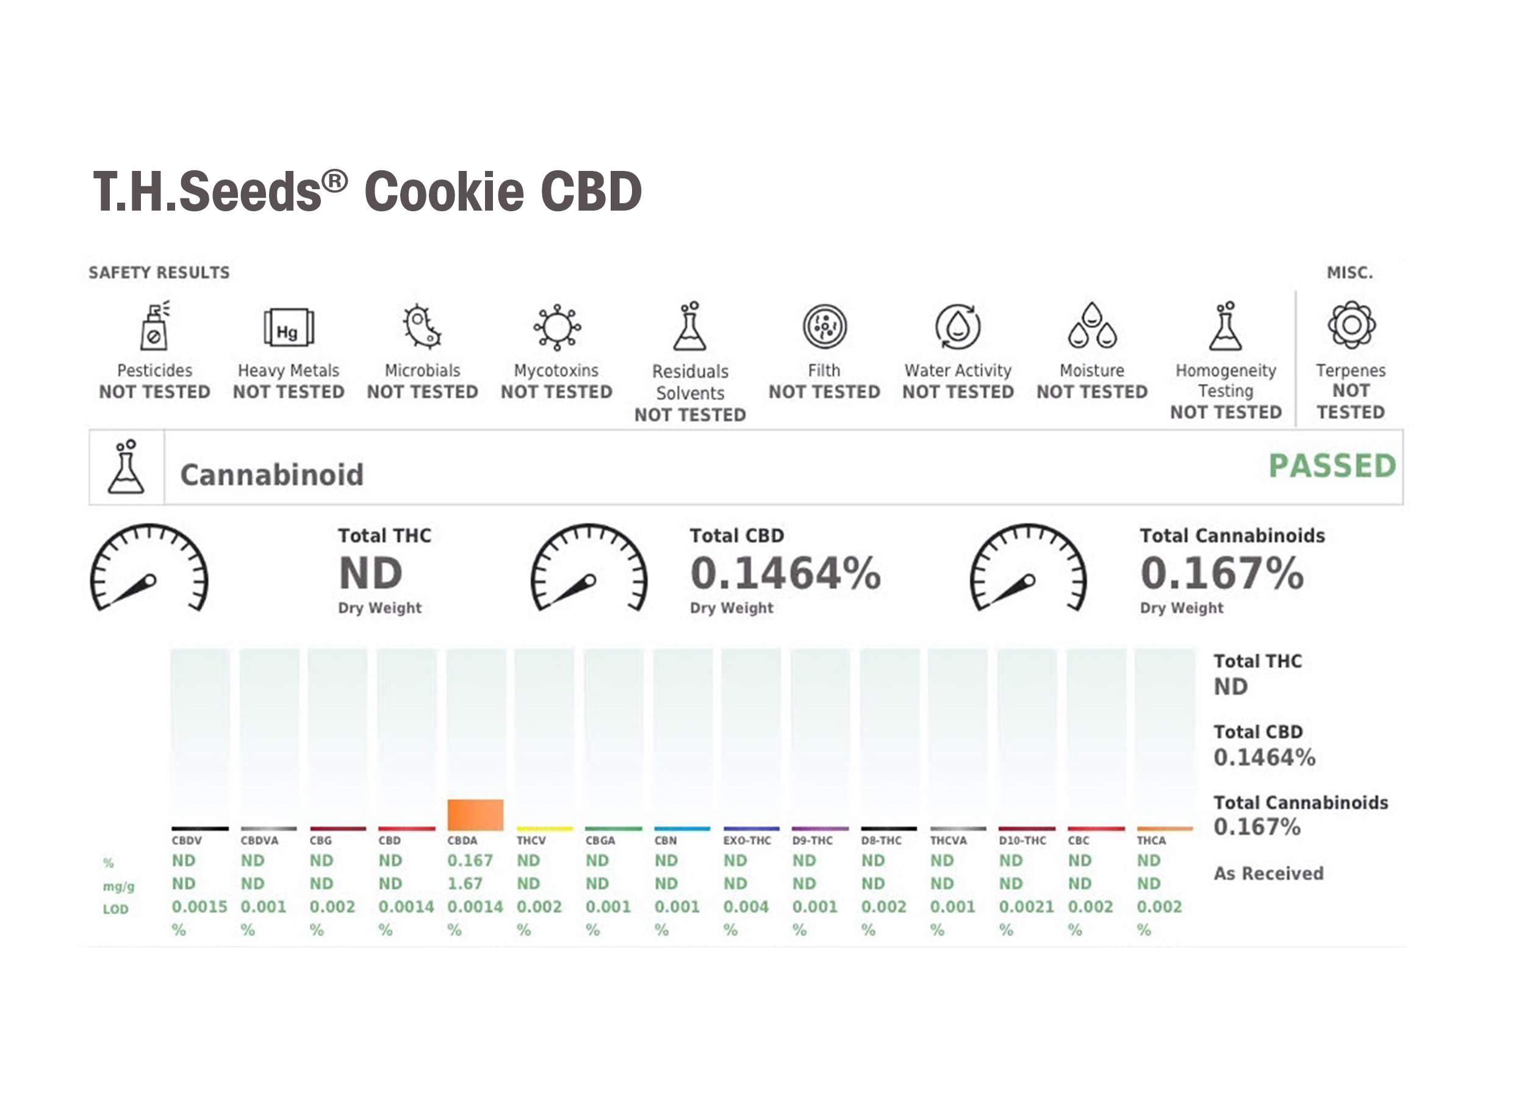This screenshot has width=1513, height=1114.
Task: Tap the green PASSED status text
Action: (x=1332, y=466)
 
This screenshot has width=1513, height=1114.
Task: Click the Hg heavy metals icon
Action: (x=289, y=328)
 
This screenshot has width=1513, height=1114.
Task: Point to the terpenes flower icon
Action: (x=1351, y=325)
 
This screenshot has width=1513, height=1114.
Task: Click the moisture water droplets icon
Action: (x=1092, y=326)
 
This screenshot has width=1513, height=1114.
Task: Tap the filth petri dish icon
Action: (x=824, y=327)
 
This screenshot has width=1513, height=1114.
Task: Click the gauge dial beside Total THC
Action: (x=149, y=568)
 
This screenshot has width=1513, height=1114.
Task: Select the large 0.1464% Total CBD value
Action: (x=785, y=573)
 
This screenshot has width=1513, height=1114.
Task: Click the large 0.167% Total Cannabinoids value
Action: (x=1221, y=573)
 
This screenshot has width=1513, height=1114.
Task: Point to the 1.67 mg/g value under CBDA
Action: (x=465, y=883)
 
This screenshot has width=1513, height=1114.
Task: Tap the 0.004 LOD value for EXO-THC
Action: (x=746, y=907)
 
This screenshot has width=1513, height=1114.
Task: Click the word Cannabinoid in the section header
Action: (x=271, y=475)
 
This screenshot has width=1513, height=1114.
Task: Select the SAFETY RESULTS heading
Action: (x=159, y=272)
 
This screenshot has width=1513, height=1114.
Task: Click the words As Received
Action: (x=1268, y=873)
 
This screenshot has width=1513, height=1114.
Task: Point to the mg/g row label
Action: (x=118, y=886)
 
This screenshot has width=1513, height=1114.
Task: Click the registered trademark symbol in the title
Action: (x=334, y=181)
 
